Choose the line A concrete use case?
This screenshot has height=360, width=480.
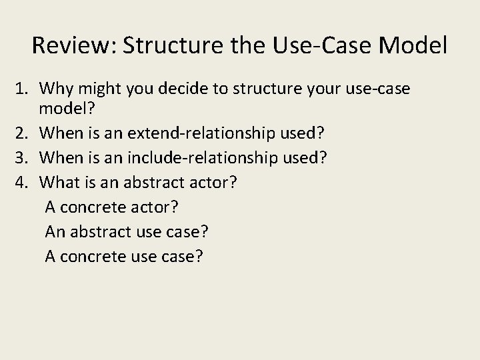click(124, 255)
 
